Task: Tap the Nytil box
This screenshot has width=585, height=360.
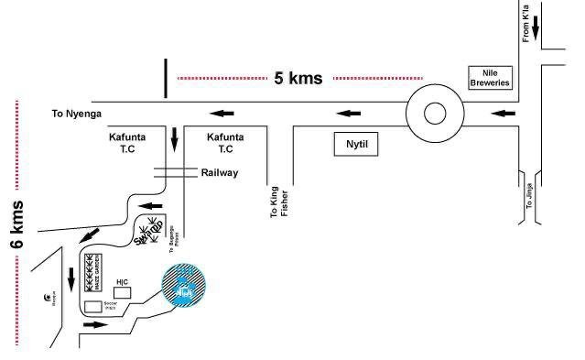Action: pyautogui.click(x=354, y=144)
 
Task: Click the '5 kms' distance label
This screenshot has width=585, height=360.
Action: pyautogui.click(x=298, y=78)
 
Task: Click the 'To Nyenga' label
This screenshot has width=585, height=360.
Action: pyautogui.click(x=77, y=114)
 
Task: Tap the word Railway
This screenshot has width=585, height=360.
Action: pyautogui.click(x=220, y=172)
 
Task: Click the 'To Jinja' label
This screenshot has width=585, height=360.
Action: pyautogui.click(x=528, y=197)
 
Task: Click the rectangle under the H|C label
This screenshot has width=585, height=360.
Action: pyautogui.click(x=122, y=292)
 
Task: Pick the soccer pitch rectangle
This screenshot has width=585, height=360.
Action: pyautogui.click(x=92, y=307)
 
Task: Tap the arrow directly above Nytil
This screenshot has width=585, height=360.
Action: pyautogui.click(x=348, y=114)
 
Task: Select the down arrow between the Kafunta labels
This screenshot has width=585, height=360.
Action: pyautogui.click(x=175, y=140)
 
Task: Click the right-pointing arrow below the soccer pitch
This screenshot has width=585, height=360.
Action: pyautogui.click(x=94, y=324)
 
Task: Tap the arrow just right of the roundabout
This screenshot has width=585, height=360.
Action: pyautogui.click(x=504, y=114)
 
